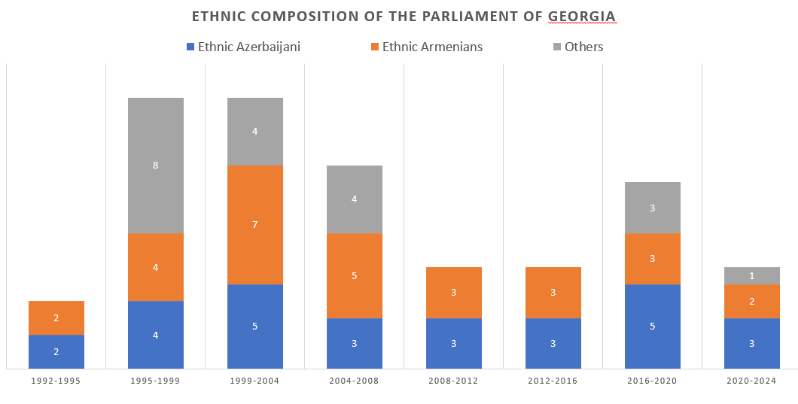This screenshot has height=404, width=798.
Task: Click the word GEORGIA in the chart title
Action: [x=583, y=16]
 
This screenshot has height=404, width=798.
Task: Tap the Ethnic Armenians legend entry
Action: [x=425, y=47]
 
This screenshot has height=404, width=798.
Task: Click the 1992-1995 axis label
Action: [x=56, y=381]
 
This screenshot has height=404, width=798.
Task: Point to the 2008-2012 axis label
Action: [x=453, y=381]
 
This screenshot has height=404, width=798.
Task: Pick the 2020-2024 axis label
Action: [x=751, y=381]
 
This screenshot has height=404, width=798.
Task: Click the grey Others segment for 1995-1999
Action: [x=156, y=166]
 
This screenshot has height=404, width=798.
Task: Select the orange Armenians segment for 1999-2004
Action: [x=255, y=225]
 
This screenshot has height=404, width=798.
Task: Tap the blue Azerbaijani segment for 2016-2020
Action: [x=653, y=327]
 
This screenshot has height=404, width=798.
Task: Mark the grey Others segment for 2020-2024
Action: [x=752, y=276]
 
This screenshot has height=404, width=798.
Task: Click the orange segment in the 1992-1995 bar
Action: [x=56, y=318]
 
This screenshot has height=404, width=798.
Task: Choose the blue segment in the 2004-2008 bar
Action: [x=355, y=343]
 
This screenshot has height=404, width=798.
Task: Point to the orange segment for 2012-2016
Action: [x=553, y=293]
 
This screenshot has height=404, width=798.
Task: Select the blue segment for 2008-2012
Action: [x=454, y=343]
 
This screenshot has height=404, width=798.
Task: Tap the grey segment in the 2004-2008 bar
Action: [x=355, y=199]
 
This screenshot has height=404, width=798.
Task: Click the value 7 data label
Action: [x=255, y=225]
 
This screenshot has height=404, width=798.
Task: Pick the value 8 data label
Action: [x=156, y=166]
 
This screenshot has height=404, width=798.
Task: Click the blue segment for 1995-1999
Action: [x=156, y=335]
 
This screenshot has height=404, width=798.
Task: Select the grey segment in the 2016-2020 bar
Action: [x=653, y=208]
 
